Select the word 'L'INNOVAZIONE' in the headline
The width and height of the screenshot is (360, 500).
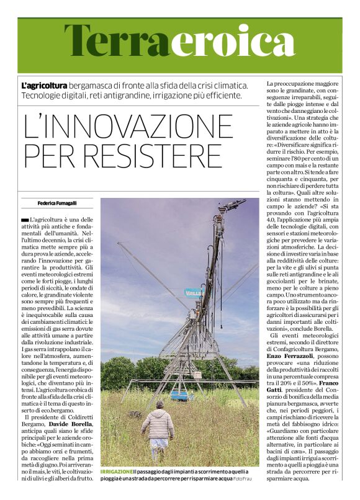click(x=128, y=127)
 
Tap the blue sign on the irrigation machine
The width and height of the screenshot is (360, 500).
click(x=195, y=292)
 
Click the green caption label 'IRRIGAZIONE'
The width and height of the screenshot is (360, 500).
click(x=116, y=473)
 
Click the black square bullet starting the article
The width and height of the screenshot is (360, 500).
click(x=24, y=221)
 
